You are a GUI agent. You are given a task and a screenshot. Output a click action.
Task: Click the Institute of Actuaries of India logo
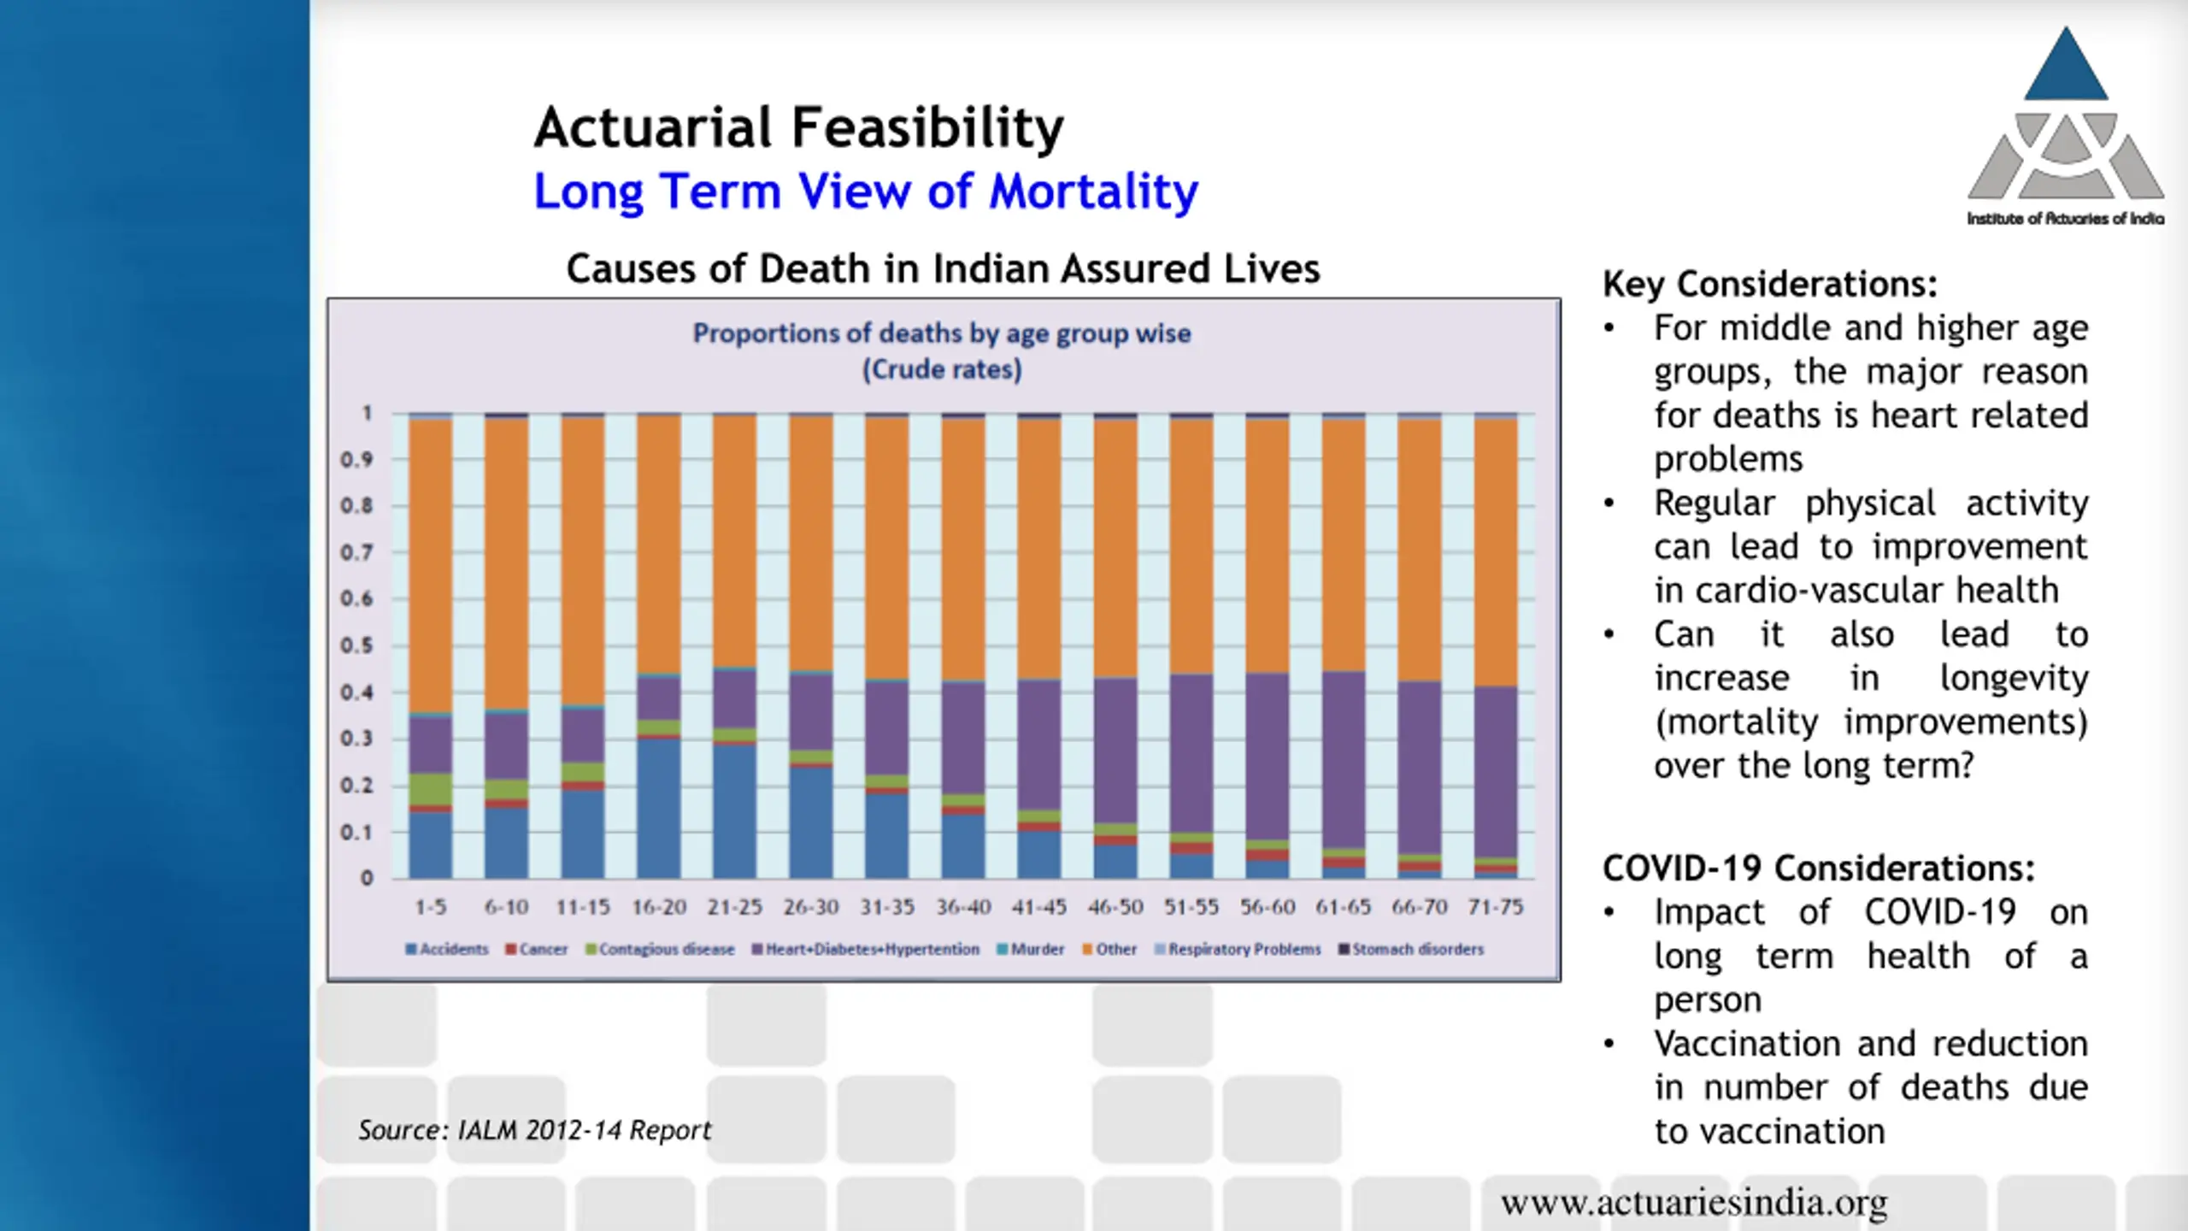2065,128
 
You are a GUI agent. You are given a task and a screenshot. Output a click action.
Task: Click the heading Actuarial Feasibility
798,128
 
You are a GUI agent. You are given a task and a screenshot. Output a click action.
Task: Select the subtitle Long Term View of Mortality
865,191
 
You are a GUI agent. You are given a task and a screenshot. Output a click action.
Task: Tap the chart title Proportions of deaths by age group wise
941,333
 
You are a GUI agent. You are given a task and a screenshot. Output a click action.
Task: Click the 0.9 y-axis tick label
356,460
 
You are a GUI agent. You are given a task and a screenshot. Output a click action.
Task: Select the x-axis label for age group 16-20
659,907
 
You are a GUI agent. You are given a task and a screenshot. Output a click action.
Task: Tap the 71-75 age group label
1495,907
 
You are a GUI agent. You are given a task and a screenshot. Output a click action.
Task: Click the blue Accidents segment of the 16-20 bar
659,808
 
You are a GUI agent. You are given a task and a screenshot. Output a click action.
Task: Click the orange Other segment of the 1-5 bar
430,564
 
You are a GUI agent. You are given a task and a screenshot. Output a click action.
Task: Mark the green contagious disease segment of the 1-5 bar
430,788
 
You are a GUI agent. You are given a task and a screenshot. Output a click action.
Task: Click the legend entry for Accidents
447,949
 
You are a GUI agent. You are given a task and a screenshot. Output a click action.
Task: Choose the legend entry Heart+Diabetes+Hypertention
865,949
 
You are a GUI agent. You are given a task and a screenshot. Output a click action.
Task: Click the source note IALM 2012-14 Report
534,1130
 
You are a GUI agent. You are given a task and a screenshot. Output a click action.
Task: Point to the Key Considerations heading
1769,284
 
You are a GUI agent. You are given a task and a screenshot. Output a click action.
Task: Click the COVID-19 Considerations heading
1818,869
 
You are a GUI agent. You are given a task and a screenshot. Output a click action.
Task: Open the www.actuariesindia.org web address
1694,1203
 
